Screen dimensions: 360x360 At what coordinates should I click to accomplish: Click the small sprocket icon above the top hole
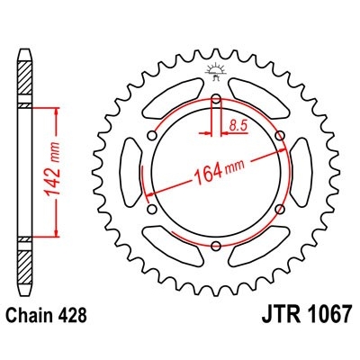tap(216, 73)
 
